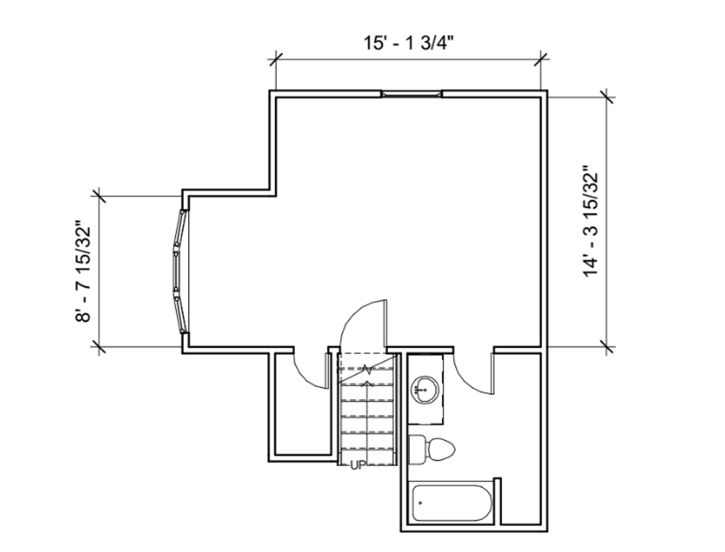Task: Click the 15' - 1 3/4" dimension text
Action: click(x=408, y=43)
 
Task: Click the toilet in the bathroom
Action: click(x=432, y=449)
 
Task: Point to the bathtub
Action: click(x=452, y=503)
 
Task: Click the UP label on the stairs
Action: click(x=358, y=466)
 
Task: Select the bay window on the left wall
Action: click(x=180, y=271)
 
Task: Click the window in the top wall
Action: click(x=411, y=94)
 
